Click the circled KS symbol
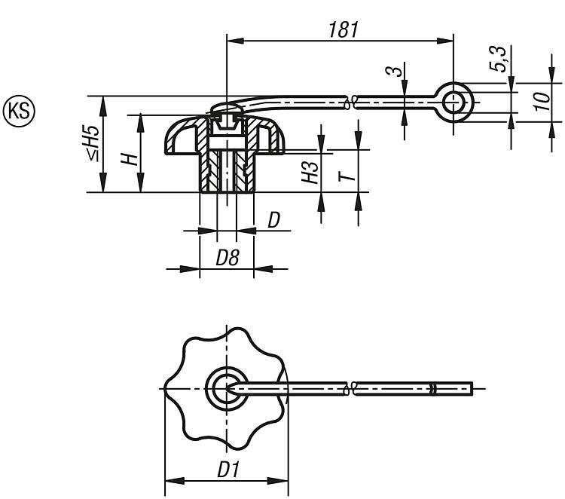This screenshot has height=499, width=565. [x=19, y=111]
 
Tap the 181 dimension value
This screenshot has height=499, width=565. [x=344, y=29]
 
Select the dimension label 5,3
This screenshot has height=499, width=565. [x=499, y=59]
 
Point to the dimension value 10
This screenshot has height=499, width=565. [x=542, y=101]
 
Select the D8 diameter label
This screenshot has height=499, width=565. [x=228, y=258]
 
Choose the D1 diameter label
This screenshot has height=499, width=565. [x=228, y=470]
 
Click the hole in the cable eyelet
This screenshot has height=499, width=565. [x=454, y=103]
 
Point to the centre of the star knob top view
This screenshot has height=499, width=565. [x=226, y=389]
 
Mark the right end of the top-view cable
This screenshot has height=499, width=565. [x=472, y=389]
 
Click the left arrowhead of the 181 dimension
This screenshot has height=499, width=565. [x=236, y=41]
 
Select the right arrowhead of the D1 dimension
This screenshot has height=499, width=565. [x=279, y=481]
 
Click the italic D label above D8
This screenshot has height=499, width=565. [x=274, y=220]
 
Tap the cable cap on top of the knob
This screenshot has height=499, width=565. [x=226, y=107]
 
